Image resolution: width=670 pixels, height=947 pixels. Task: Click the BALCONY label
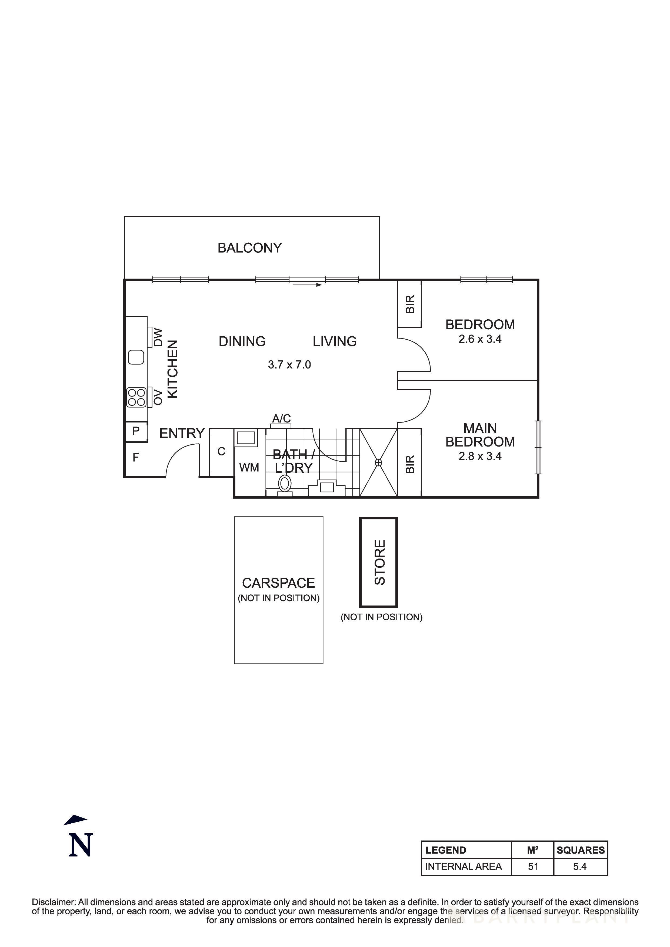pyautogui.click(x=249, y=248)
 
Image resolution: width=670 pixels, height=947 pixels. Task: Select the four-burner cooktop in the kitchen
pyautogui.click(x=136, y=397)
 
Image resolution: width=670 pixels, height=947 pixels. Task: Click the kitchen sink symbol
pyautogui.click(x=136, y=357)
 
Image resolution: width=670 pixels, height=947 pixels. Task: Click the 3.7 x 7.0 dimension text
pyautogui.click(x=289, y=365)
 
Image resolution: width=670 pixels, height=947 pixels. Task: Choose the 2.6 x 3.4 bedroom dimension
pyautogui.click(x=480, y=339)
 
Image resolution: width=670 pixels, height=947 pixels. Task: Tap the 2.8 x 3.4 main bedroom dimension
pyautogui.click(x=480, y=456)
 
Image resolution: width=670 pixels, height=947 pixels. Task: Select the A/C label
pyautogui.click(x=282, y=419)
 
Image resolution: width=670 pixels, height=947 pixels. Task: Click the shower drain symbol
pyautogui.click(x=378, y=462)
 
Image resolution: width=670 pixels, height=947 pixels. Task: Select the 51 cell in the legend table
pyautogui.click(x=533, y=866)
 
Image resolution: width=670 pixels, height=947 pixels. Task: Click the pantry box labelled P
pyautogui.click(x=136, y=431)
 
